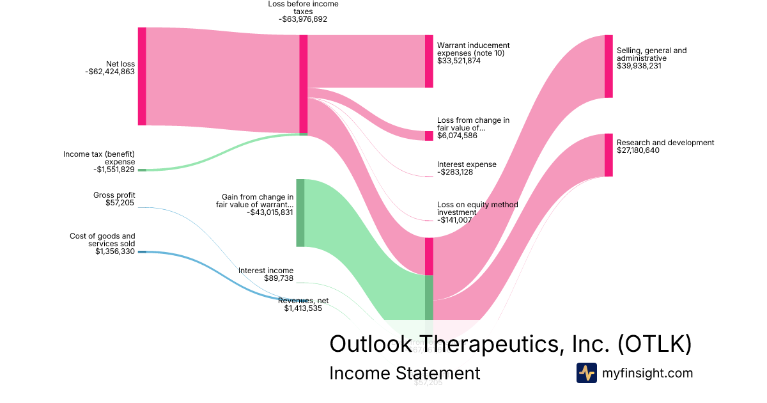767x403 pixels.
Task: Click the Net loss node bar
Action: [x=142, y=76]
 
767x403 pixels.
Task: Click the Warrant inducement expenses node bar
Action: [x=429, y=61]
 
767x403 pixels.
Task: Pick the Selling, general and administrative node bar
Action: [x=608, y=67]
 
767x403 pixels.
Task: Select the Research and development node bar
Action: [x=608, y=155]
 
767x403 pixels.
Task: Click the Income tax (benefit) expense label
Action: [x=99, y=157]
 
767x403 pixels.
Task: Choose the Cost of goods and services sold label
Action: [x=102, y=239]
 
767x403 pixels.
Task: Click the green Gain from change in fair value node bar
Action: [x=300, y=212]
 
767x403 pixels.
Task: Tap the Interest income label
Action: [x=266, y=271]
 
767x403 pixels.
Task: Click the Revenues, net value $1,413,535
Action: [x=303, y=308]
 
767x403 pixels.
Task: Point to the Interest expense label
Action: [x=467, y=164]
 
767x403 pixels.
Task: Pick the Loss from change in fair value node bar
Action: [x=429, y=136]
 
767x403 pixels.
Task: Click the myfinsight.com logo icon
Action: [x=587, y=372]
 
